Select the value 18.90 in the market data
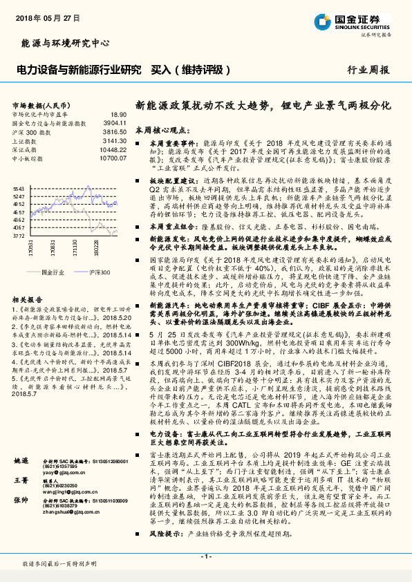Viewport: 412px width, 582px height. pos(119,114)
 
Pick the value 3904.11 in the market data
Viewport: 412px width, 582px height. pos(115,122)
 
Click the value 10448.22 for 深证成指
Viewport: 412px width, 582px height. pos(113,149)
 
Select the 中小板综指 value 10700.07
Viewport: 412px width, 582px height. pos(113,158)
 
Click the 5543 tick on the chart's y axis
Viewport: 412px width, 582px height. pos(19,189)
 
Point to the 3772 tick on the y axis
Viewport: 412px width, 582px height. pos(19,236)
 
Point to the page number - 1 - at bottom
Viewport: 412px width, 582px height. pos(206,556)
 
